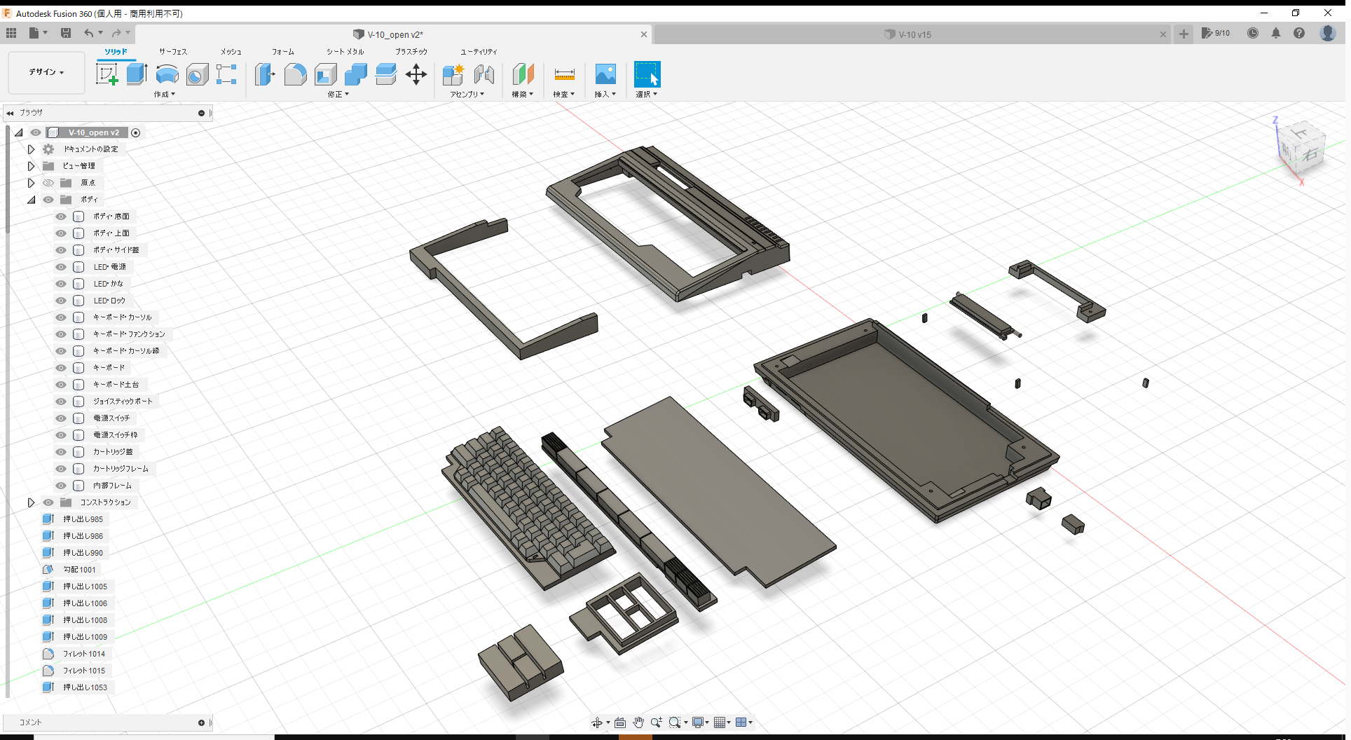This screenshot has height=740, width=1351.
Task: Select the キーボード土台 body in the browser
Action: coord(116,385)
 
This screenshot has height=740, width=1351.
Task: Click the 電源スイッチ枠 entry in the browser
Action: coord(115,435)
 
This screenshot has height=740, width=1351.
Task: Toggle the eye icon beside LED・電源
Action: coord(61,267)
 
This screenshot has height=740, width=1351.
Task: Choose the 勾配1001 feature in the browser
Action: coord(79,570)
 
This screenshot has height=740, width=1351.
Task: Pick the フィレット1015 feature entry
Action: coord(83,671)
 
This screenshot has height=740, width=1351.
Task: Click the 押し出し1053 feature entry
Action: coord(85,687)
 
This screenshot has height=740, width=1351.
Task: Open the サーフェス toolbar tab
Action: coord(173,52)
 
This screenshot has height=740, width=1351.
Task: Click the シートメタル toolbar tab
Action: coord(345,52)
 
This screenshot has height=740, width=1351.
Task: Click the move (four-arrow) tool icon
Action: coord(416,74)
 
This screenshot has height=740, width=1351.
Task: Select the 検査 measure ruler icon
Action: coord(564,74)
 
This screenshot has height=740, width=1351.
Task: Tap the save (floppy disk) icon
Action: coord(66,33)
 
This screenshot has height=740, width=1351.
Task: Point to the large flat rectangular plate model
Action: coord(715,491)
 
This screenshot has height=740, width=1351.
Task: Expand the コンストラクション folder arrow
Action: coord(31,502)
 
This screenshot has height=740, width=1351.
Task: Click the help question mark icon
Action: coord(1299,34)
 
